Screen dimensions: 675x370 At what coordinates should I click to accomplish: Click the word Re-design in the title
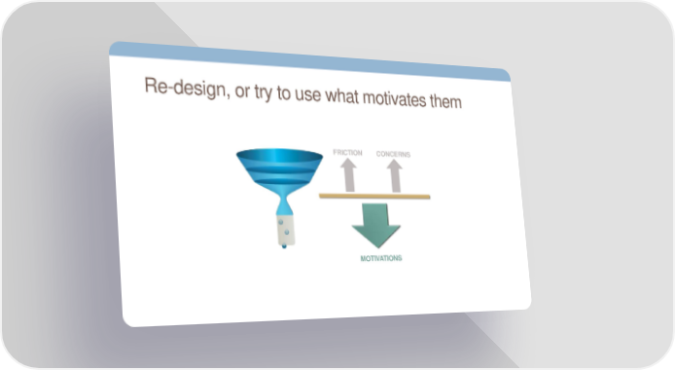(x=184, y=88)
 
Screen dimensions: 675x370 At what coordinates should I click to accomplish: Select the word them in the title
(x=445, y=101)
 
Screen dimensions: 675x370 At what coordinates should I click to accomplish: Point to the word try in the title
(x=263, y=92)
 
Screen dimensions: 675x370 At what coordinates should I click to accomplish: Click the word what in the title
(x=341, y=95)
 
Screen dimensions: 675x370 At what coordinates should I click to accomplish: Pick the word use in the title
(x=307, y=95)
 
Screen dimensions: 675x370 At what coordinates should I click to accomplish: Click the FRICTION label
(x=347, y=153)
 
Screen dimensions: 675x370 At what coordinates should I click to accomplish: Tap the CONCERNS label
(x=393, y=154)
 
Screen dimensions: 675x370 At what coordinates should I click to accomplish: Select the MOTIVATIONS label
(x=381, y=258)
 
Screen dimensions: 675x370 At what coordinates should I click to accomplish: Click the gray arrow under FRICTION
(x=349, y=175)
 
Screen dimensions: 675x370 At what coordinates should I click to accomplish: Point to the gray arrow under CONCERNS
(x=394, y=175)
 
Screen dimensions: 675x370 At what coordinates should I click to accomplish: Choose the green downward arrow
(x=375, y=226)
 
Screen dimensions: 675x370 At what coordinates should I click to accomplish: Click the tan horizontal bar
(x=374, y=196)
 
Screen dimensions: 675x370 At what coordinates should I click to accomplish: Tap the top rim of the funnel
(x=279, y=156)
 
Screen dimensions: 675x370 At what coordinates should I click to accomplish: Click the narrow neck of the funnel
(x=284, y=203)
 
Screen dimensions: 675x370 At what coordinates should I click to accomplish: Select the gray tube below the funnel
(x=285, y=230)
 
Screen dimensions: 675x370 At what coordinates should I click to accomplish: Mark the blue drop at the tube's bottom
(x=284, y=246)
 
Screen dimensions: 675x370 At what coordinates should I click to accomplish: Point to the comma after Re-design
(x=228, y=96)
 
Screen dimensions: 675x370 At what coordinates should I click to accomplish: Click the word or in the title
(x=242, y=92)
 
